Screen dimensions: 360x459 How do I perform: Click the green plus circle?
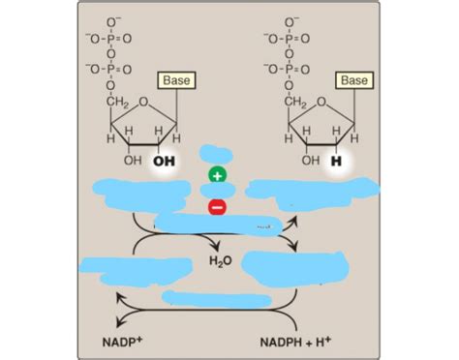[x=217, y=176]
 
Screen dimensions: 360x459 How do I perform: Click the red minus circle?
[x=217, y=206]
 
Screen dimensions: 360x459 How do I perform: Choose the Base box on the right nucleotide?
[x=353, y=79]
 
